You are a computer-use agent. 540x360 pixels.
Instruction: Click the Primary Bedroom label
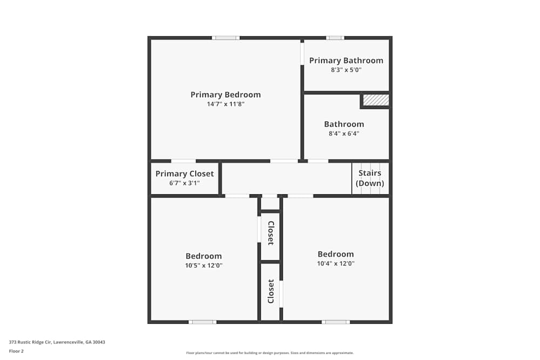pyautogui.click(x=225, y=94)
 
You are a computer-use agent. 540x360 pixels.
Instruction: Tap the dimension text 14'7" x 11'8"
pyautogui.click(x=225, y=104)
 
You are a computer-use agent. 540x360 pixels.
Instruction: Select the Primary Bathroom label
pyautogui.click(x=346, y=60)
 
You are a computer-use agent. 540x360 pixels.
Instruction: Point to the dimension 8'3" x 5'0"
pyautogui.click(x=346, y=70)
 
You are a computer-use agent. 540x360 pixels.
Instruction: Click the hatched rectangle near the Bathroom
pyautogui.click(x=375, y=100)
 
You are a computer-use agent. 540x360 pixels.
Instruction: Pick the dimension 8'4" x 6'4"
pyautogui.click(x=344, y=133)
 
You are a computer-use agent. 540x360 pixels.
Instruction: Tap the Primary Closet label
pyautogui.click(x=185, y=174)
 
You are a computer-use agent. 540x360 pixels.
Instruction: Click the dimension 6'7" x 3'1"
pyautogui.click(x=185, y=183)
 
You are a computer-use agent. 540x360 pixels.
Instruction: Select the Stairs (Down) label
pyautogui.click(x=370, y=178)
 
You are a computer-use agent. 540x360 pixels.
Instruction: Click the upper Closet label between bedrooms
pyautogui.click(x=271, y=233)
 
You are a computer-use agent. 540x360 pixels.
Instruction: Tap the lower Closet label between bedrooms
pyautogui.click(x=271, y=291)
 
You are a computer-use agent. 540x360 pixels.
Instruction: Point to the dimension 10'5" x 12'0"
pyautogui.click(x=204, y=266)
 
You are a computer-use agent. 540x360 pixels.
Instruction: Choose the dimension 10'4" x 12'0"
pyautogui.click(x=335, y=264)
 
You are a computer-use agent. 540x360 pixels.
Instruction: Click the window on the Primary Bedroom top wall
pyautogui.click(x=225, y=38)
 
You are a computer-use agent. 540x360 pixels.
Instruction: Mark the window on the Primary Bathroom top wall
pyautogui.click(x=335, y=38)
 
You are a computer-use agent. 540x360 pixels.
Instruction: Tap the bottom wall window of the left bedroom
pyautogui.click(x=202, y=322)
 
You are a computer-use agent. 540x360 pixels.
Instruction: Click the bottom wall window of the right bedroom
pyautogui.click(x=335, y=322)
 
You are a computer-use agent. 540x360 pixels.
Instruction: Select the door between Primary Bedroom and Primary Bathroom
pyautogui.click(x=302, y=53)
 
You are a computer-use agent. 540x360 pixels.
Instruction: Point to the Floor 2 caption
pyautogui.click(x=16, y=351)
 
